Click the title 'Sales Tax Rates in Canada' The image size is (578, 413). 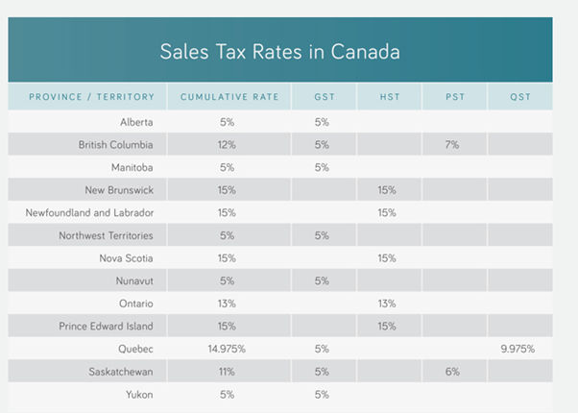pyautogui.click(x=279, y=51)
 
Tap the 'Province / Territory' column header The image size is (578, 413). pyautogui.click(x=87, y=97)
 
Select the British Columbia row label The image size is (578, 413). pyautogui.click(x=116, y=145)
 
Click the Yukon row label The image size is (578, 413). pyautogui.click(x=139, y=395)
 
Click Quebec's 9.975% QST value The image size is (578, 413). pyautogui.click(x=517, y=350)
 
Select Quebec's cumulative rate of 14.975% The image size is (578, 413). pyautogui.click(x=227, y=350)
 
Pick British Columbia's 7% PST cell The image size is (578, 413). pyautogui.click(x=451, y=145)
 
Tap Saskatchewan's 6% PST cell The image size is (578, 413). pyautogui.click(x=451, y=372)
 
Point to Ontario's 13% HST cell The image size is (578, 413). pyautogui.click(x=387, y=304)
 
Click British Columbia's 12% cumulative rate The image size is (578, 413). pyautogui.click(x=227, y=145)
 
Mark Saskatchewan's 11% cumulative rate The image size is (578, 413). pyautogui.click(x=227, y=372)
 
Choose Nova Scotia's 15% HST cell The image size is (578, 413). pyautogui.click(x=387, y=258)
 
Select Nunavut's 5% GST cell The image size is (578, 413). pyautogui.click(x=322, y=281)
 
